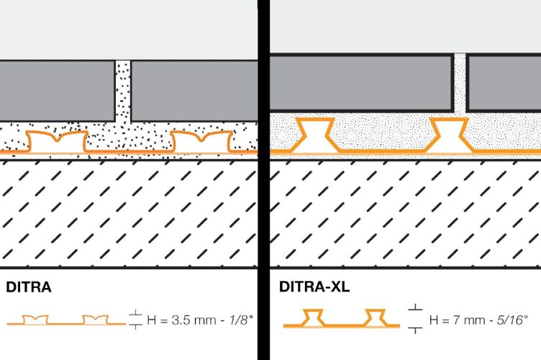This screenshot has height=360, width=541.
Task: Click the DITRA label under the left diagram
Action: point(29,287)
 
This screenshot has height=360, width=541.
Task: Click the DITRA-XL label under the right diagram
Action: point(314,287)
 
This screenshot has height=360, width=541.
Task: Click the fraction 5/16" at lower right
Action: point(512,320)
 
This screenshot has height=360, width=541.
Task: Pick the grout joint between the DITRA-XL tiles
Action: point(460,83)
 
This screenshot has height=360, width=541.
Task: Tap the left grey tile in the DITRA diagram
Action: point(57,91)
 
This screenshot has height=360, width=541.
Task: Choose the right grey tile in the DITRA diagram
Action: point(194,91)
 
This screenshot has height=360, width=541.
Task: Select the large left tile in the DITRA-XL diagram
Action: point(361,82)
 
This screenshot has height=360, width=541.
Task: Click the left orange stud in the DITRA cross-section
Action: point(58,142)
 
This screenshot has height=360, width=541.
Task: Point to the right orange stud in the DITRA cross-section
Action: point(202,142)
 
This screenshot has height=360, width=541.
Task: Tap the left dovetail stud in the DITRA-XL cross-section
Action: point(315,135)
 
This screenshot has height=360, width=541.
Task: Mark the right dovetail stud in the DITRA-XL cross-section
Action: point(449,135)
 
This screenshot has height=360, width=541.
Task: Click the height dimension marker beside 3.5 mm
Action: point(135,320)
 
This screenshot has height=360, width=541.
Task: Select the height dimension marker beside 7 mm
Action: point(415,319)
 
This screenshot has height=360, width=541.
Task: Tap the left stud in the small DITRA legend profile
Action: point(35,320)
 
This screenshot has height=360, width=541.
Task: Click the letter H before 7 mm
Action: point(434,320)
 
